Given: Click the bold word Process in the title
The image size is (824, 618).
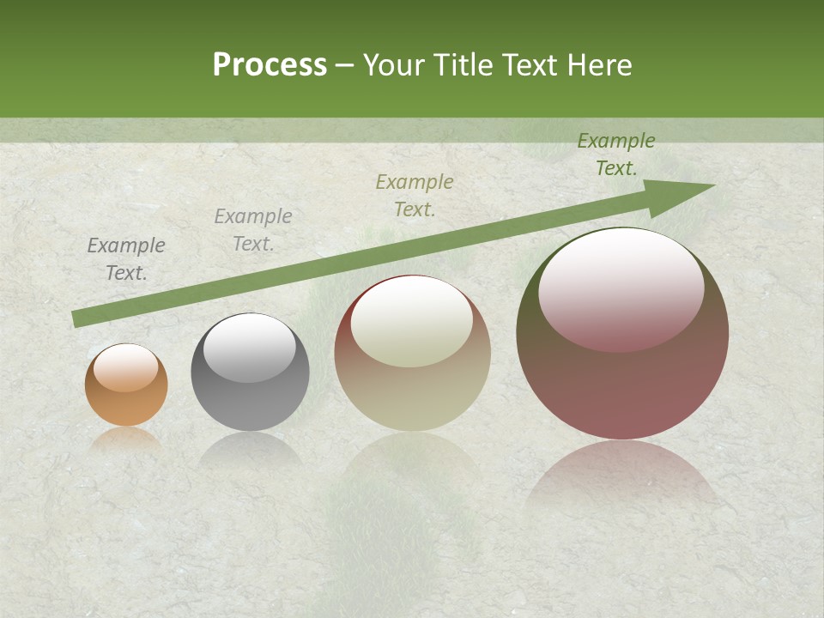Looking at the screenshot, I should (x=270, y=65).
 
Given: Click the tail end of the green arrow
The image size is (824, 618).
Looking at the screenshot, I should (x=76, y=319).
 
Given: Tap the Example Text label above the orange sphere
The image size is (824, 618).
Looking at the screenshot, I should (x=126, y=259).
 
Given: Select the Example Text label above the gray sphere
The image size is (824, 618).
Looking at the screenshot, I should (x=253, y=230).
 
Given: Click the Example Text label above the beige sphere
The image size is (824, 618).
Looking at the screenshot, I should (x=415, y=196).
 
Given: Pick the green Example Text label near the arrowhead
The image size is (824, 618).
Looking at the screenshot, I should (x=616, y=154).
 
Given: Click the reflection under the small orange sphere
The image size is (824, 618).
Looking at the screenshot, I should (x=126, y=439).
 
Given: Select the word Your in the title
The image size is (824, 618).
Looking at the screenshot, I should (x=394, y=65).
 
